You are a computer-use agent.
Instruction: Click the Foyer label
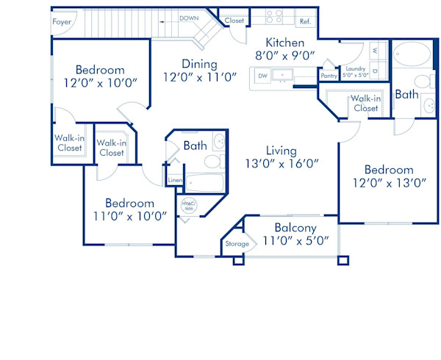[x=62, y=22]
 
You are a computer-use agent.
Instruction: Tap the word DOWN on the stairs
[x=189, y=18]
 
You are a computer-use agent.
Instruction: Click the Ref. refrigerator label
[x=304, y=22]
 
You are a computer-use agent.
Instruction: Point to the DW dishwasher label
[x=262, y=76]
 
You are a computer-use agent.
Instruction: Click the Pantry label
[x=329, y=75]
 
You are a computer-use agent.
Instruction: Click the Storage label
[x=237, y=244]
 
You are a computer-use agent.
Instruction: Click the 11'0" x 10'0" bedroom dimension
[x=129, y=216]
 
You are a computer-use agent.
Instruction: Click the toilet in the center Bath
[x=212, y=162]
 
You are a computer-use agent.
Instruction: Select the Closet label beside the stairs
[x=234, y=21]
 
